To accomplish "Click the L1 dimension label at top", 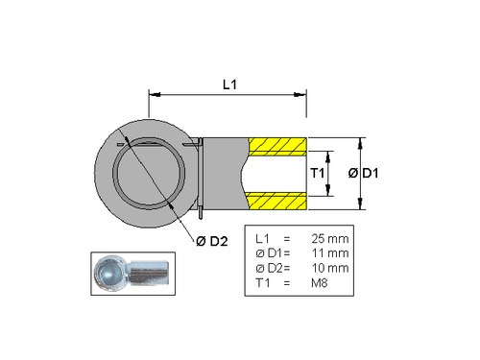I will tap(228, 85).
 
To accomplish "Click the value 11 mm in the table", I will tap(330, 252).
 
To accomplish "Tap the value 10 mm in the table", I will tap(330, 268).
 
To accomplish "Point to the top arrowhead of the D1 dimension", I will tap(360, 140).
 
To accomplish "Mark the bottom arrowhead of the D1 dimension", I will tap(360, 206).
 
